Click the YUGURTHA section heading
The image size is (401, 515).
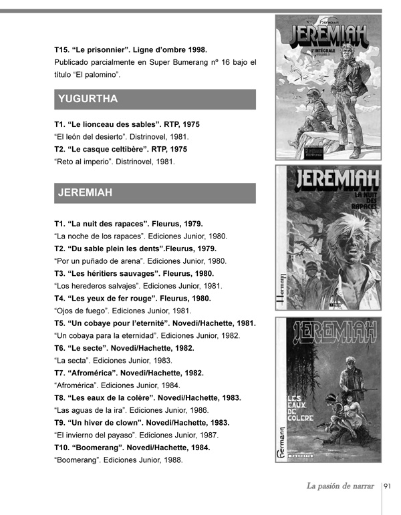click(88, 100)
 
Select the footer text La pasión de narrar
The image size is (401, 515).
click(340, 486)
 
